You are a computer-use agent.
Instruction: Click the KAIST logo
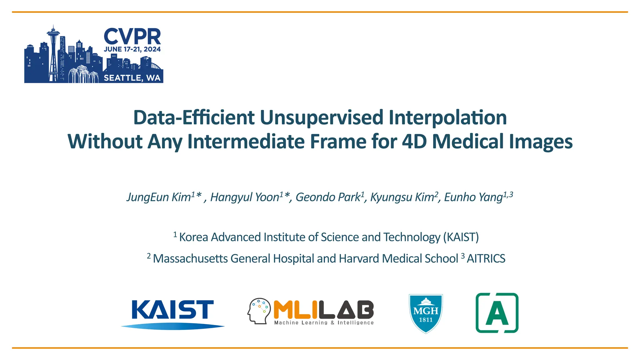172,313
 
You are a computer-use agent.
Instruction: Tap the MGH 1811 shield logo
426,313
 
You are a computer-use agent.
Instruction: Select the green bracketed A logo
497,313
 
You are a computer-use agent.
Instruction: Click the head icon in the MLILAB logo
259,310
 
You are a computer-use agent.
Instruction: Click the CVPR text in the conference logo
132,37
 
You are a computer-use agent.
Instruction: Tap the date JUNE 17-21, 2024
132,49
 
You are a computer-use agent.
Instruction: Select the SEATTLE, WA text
132,78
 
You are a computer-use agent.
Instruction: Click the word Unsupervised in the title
321,118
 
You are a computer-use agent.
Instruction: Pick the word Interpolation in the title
447,118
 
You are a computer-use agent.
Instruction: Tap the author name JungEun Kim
159,197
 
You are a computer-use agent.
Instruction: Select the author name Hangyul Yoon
245,197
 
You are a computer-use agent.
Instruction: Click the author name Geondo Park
328,197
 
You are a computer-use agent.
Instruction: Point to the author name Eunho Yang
473,197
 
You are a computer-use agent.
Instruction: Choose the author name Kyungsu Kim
402,197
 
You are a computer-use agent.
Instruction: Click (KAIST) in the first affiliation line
461,237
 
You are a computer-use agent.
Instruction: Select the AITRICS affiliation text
486,259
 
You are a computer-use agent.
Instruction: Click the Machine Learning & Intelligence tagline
324,322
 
